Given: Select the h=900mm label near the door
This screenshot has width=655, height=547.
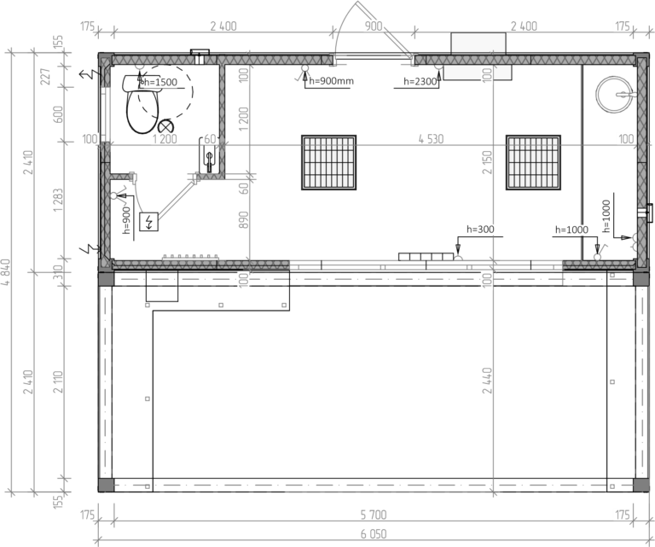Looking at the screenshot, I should [x=331, y=81].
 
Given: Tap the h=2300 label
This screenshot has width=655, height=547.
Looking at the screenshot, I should [x=420, y=81].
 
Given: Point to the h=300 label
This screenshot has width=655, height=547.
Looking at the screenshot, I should [x=480, y=230].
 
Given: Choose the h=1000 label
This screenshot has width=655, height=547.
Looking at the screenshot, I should [x=572, y=230].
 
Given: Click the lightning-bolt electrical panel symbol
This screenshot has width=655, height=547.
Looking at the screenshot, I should [x=149, y=222].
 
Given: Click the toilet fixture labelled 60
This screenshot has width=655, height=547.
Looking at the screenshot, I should [x=208, y=154].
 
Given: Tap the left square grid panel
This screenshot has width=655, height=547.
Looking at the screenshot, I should [x=328, y=161].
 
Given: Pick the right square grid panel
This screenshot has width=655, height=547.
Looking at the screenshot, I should [x=534, y=161].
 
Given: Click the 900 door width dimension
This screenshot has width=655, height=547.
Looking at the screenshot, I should [x=374, y=26].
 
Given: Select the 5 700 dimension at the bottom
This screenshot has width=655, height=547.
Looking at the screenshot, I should [x=373, y=515].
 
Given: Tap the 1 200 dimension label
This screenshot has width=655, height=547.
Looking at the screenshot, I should [x=164, y=139].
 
